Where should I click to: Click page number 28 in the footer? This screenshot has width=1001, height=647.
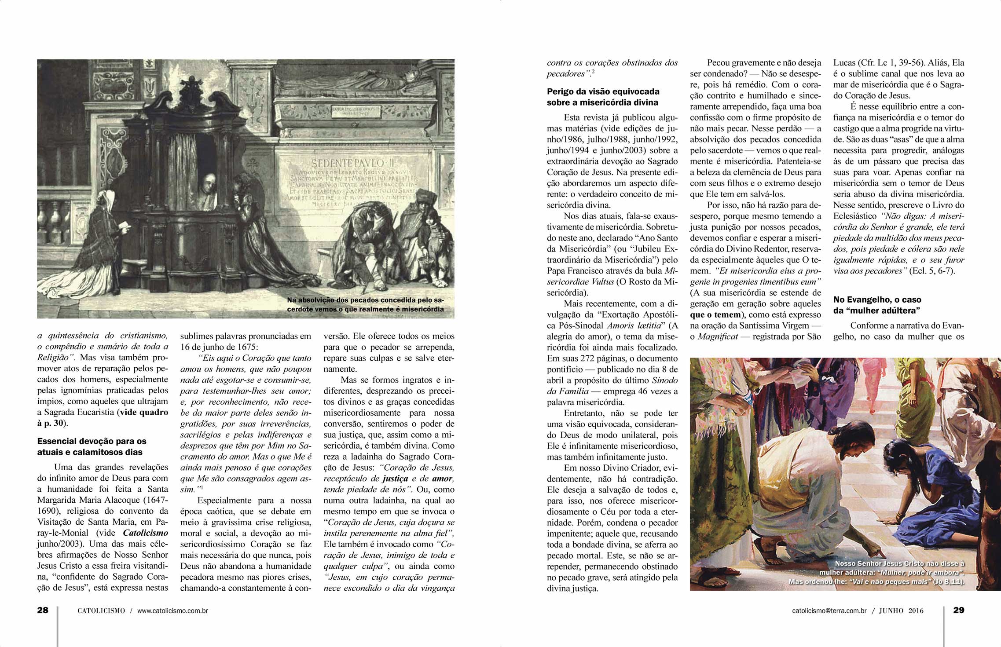tap(43, 610)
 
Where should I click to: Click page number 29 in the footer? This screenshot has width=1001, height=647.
tap(959, 610)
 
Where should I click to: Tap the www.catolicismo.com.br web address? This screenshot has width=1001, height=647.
tap(172, 610)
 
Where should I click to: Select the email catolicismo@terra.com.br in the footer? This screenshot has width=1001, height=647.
tap(829, 610)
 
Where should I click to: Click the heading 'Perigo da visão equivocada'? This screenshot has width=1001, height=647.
tap(603, 91)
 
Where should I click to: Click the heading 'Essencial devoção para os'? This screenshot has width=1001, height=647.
tap(92, 441)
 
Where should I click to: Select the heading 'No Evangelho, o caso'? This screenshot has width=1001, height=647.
tap(877, 300)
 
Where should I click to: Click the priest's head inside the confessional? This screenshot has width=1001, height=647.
tap(208, 184)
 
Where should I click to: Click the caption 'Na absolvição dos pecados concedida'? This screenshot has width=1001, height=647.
tap(365, 300)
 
